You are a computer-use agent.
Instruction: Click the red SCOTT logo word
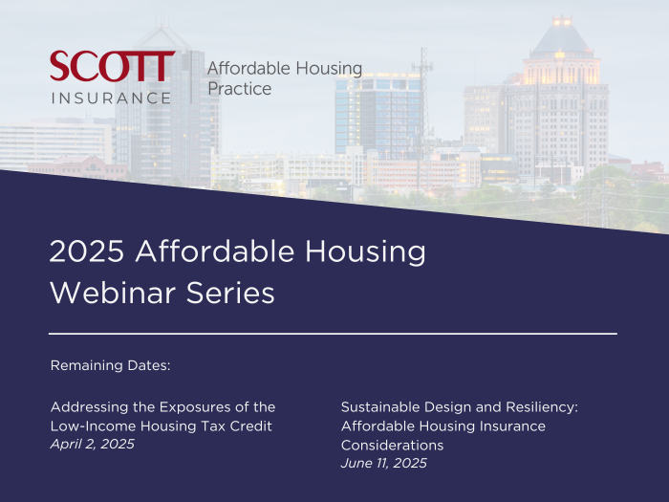[x=112, y=66]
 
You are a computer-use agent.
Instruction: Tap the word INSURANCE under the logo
[x=112, y=98]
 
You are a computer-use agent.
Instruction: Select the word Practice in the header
[x=239, y=89]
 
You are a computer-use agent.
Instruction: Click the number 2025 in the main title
[x=87, y=251]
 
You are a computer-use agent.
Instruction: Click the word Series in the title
[x=230, y=293]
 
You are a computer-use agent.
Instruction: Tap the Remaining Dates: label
[x=110, y=365]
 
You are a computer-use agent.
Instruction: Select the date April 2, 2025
[x=92, y=444]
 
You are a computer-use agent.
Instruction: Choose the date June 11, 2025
[x=383, y=463]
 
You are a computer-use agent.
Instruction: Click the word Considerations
[x=392, y=446]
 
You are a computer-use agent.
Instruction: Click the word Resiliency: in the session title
[x=542, y=406]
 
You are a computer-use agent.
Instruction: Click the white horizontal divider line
[x=333, y=334]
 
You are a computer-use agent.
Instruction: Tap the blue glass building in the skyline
[x=378, y=115]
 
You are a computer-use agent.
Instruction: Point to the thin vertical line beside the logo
[x=191, y=76]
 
